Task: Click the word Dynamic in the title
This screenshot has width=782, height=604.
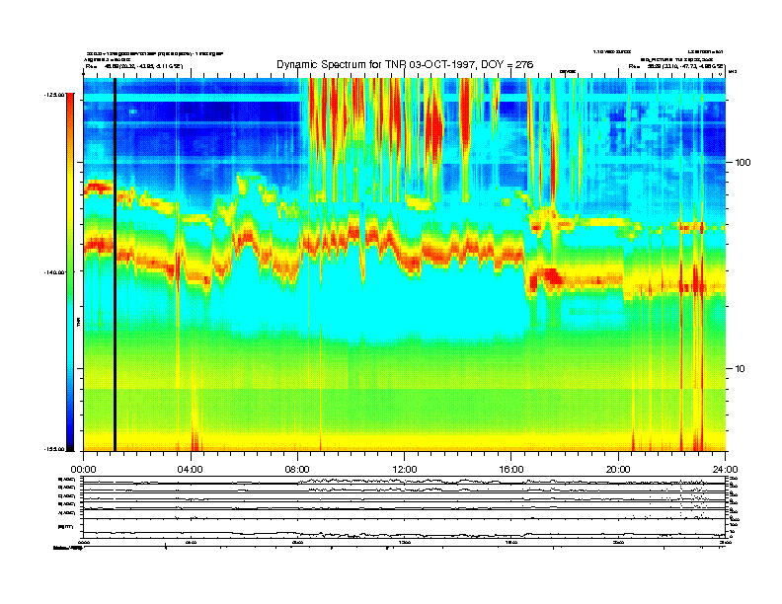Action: tap(300, 64)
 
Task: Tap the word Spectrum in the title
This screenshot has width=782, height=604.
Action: tap(353, 64)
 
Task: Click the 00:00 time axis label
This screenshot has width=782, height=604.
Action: tap(83, 469)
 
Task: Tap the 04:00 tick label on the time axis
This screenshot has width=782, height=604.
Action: tap(190, 469)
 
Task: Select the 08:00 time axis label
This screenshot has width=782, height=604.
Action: tap(297, 469)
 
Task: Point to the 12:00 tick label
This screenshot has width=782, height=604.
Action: tap(405, 469)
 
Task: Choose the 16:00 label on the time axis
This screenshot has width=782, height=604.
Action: tap(511, 469)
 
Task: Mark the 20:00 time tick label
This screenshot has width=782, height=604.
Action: tap(619, 469)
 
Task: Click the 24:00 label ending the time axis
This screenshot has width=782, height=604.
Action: tap(726, 469)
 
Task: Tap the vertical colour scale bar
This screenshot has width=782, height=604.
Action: tap(69, 271)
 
